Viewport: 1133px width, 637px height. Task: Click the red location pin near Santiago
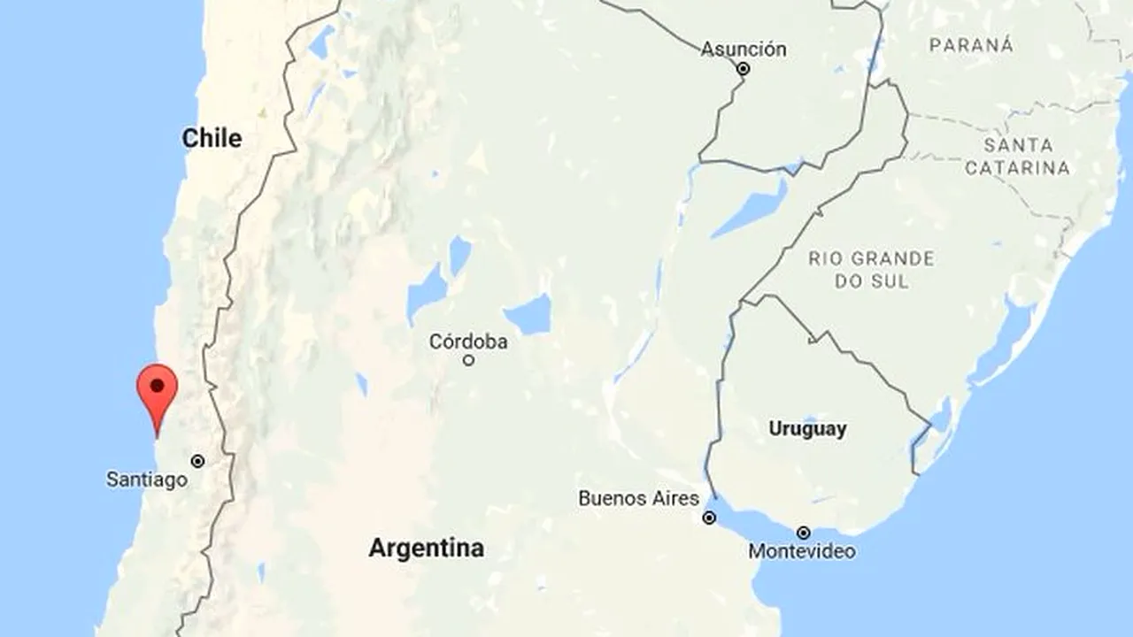(x=157, y=394)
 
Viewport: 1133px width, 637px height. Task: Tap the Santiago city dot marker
(x=197, y=461)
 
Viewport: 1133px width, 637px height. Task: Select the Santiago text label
(x=147, y=480)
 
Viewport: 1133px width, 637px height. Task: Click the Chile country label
(x=212, y=138)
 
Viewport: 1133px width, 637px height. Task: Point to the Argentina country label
(x=426, y=548)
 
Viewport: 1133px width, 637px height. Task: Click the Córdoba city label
(x=468, y=342)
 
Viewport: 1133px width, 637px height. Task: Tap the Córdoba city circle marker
(x=468, y=360)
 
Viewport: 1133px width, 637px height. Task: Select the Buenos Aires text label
(x=638, y=498)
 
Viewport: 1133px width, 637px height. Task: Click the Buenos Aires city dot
(x=709, y=518)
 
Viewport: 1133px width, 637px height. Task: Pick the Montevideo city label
(x=802, y=551)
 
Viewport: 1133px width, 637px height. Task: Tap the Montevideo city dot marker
(x=803, y=533)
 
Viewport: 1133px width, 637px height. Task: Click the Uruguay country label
(x=807, y=429)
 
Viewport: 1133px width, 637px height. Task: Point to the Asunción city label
(x=744, y=49)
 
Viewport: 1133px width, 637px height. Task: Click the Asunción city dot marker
(x=744, y=68)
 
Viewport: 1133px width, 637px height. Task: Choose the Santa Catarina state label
(x=1018, y=156)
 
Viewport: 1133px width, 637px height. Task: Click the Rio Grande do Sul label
(x=871, y=270)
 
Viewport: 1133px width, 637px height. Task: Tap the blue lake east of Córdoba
(x=528, y=315)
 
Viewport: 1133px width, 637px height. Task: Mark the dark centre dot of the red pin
(x=157, y=386)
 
